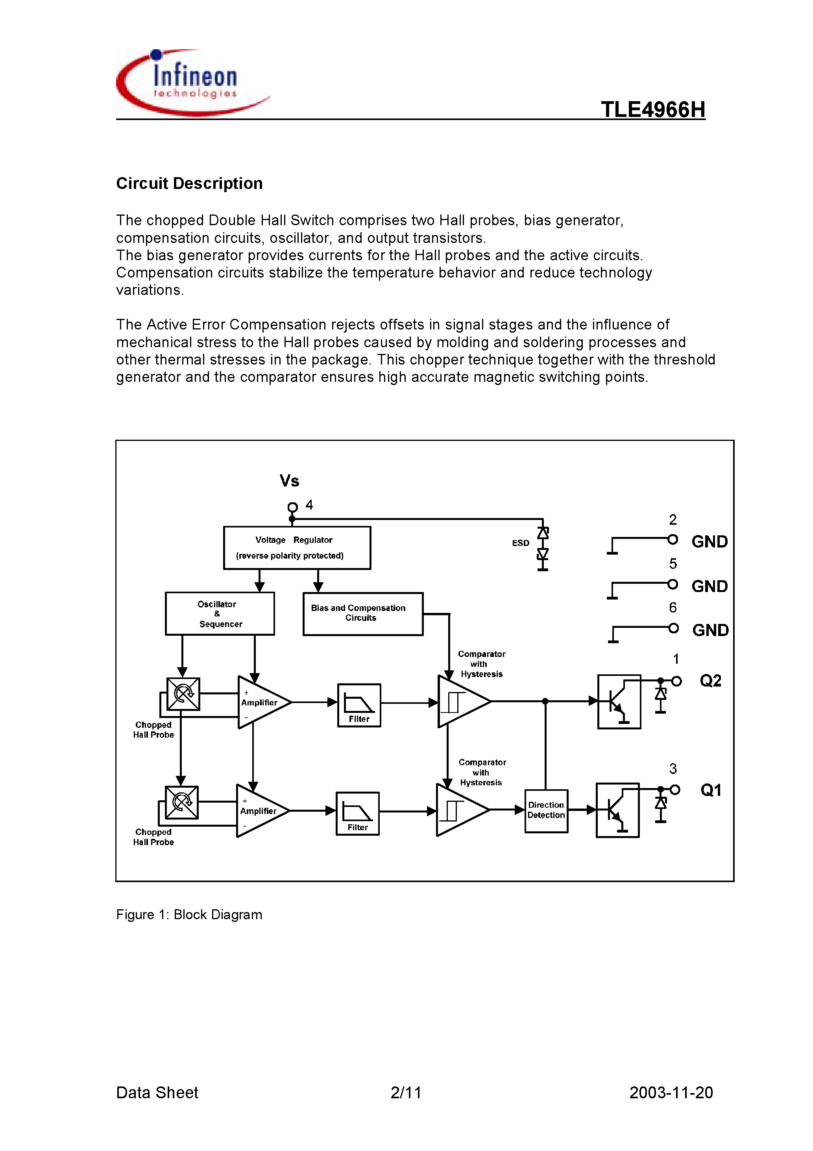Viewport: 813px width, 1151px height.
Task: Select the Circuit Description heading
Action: [x=189, y=183]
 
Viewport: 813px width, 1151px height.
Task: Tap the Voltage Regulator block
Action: [x=297, y=548]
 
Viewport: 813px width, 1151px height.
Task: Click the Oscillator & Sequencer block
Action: [x=220, y=614]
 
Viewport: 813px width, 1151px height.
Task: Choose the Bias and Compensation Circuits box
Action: [x=362, y=614]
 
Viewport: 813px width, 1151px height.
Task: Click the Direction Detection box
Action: [x=546, y=811]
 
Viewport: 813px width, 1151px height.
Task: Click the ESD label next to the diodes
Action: [x=520, y=543]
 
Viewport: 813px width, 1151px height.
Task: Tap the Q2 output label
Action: [x=710, y=681]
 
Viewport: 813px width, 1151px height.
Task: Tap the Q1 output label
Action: [x=710, y=790]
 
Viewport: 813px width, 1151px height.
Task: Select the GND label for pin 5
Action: [x=709, y=586]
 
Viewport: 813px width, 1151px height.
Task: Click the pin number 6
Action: [x=673, y=608]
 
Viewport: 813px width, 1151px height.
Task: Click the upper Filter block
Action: [x=359, y=705]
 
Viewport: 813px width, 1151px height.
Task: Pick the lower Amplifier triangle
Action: [x=261, y=811]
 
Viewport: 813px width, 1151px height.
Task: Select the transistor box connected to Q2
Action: [x=619, y=701]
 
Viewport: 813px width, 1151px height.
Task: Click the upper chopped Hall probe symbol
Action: [x=183, y=694]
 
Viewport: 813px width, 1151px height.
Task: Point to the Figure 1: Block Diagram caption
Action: [x=189, y=915]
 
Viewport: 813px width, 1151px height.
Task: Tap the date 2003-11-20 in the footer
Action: [x=671, y=1093]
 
